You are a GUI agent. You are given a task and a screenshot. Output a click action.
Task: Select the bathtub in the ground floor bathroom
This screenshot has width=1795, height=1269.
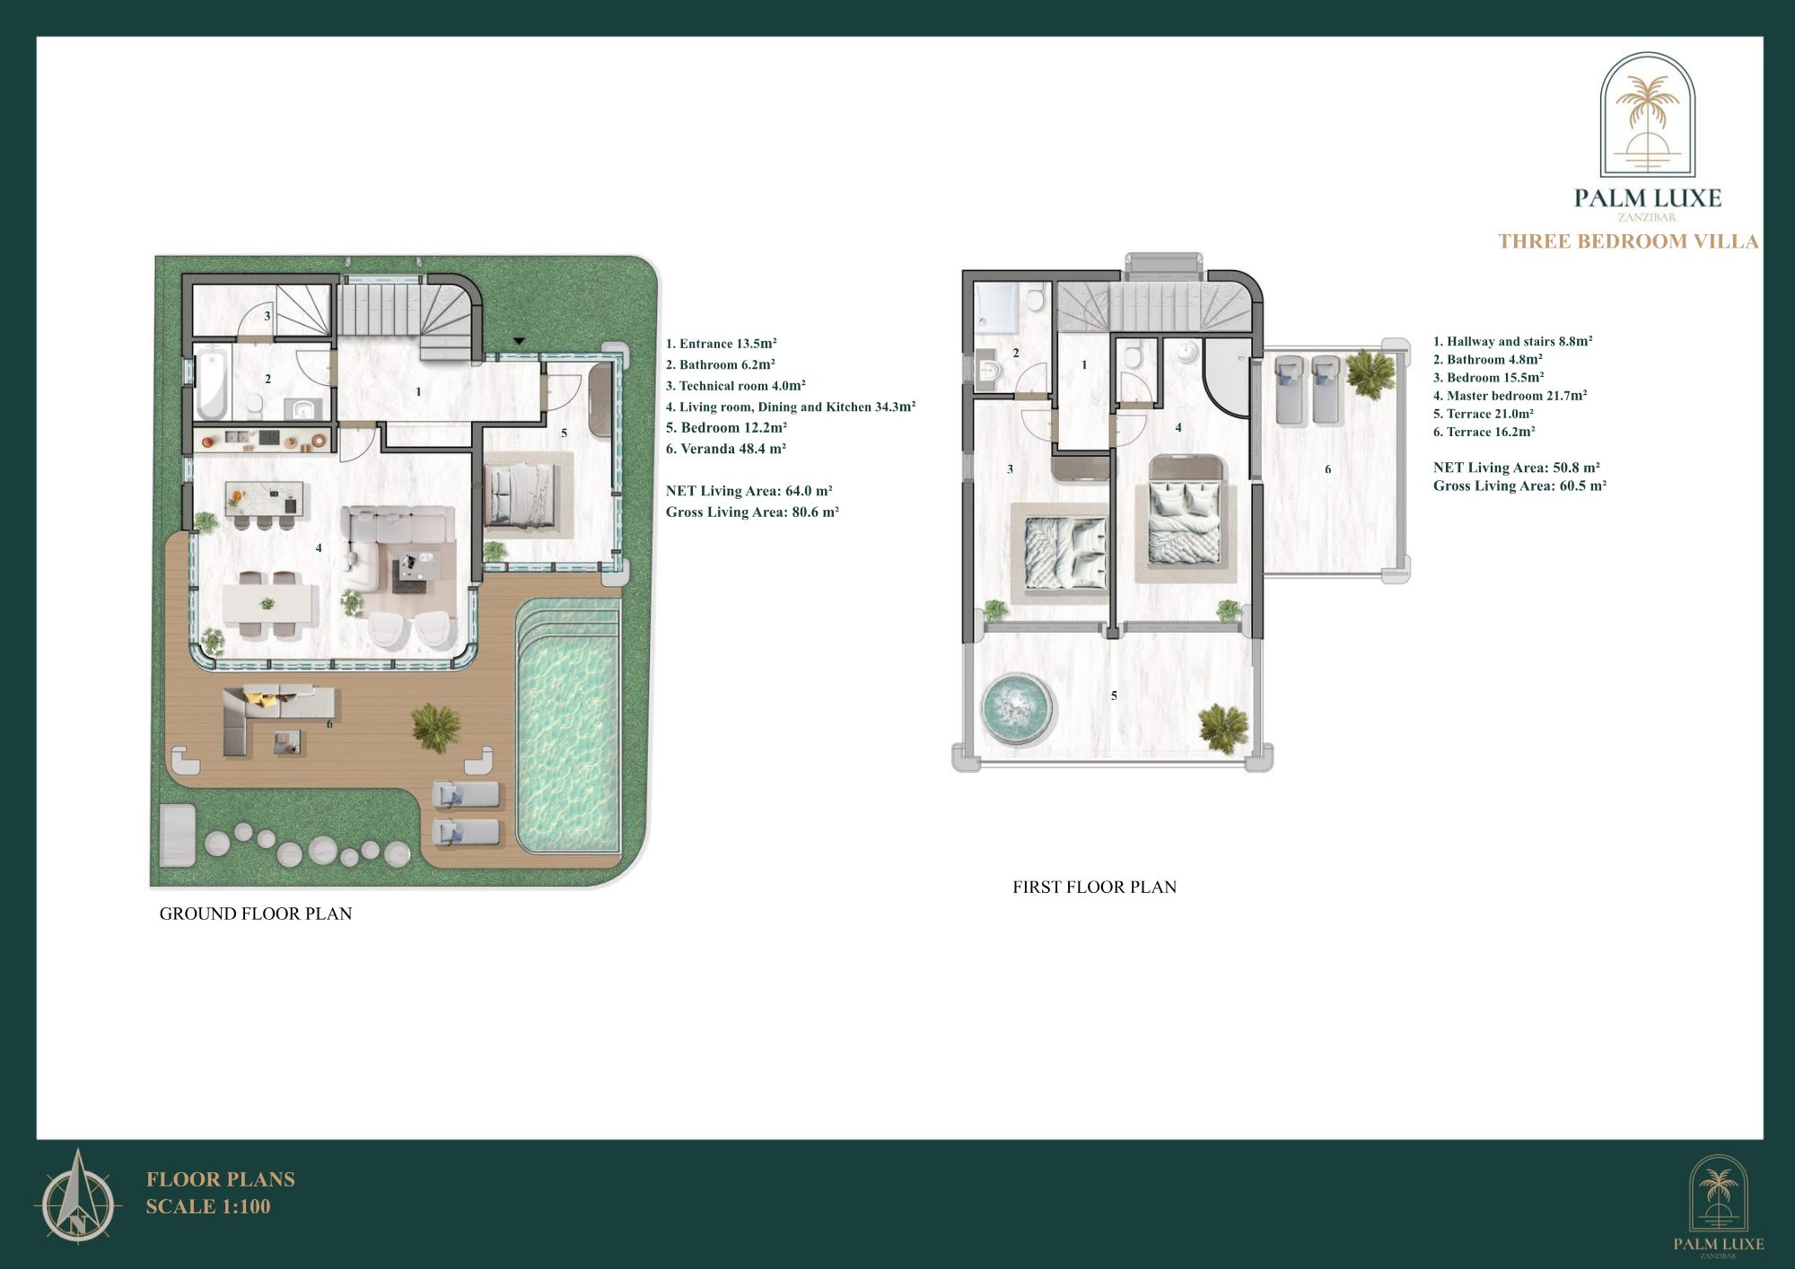(211, 387)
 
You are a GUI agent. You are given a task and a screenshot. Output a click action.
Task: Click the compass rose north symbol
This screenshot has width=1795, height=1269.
(78, 1196)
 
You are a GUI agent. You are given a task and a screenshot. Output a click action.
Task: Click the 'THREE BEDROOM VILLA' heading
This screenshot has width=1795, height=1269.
(1628, 241)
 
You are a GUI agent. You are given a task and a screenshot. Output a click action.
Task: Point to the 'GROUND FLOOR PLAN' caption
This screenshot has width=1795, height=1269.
(256, 914)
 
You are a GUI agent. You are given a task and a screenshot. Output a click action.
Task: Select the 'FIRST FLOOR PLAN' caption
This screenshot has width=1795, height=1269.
(1094, 887)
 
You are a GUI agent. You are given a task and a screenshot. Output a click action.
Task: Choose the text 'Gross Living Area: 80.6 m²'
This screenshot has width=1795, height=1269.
(752, 512)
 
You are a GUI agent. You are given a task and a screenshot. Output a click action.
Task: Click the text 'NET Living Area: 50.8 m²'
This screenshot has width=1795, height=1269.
(1516, 468)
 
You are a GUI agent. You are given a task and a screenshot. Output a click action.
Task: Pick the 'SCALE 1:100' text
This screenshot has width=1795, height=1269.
(208, 1206)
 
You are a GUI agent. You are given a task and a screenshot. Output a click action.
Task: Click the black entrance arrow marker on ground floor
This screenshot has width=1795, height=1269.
(519, 341)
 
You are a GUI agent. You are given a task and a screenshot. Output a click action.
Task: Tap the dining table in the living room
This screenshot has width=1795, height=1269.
(269, 604)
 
